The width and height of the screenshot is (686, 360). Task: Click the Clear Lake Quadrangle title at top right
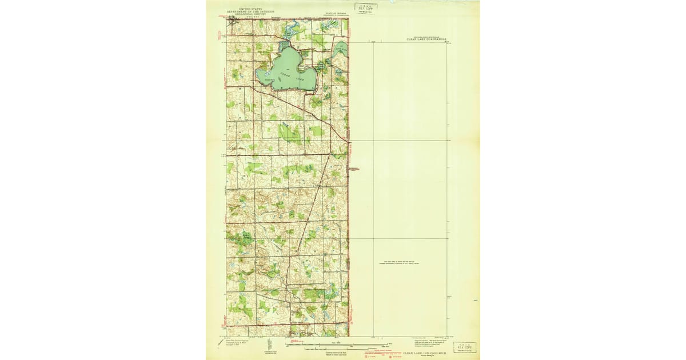pos(426,40)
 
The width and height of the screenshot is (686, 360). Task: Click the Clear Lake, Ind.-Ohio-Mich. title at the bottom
pos(426,353)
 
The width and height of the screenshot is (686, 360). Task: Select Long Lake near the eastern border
pos(340,51)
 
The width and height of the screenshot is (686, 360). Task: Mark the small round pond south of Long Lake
pos(339,73)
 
